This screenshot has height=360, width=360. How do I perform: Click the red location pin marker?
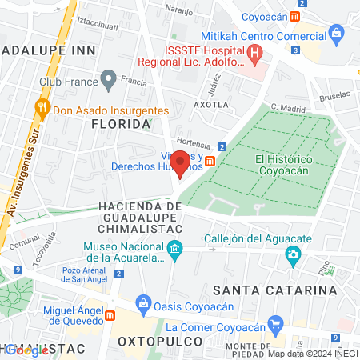click(x=181, y=162)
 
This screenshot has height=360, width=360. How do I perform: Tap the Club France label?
click(x=67, y=81)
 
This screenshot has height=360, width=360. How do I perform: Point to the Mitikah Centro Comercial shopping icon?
click(x=336, y=34)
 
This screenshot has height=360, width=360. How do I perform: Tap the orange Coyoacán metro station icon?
click(x=296, y=16)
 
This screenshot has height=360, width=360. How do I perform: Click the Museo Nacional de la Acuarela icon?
click(x=174, y=255)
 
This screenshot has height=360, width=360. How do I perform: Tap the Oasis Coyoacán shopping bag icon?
click(x=143, y=302)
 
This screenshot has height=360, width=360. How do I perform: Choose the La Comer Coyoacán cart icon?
click(x=276, y=325)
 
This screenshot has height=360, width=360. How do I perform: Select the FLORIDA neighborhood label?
click(x=121, y=124)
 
